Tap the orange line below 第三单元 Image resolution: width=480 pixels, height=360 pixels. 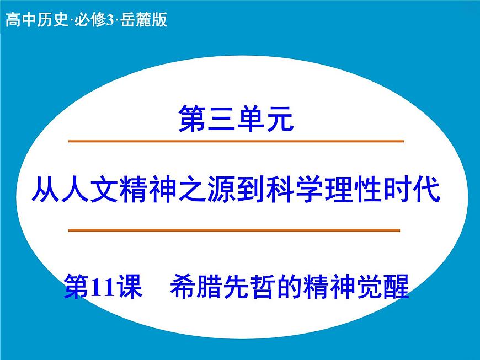point(236,142)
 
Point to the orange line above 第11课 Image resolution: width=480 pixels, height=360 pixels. point(234,230)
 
